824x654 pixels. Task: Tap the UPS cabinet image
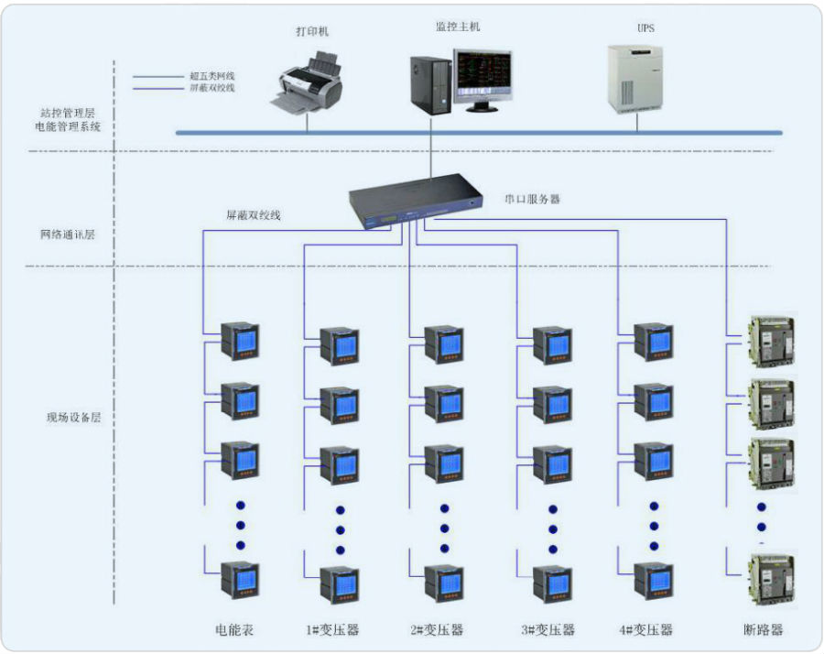point(635,80)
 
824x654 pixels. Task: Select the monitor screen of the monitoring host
point(482,75)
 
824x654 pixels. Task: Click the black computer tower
point(430,85)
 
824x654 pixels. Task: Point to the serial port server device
point(416,202)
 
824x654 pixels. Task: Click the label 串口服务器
point(532,200)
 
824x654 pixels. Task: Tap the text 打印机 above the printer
point(312,31)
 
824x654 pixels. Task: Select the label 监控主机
point(458,27)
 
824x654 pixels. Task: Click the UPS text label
point(645,27)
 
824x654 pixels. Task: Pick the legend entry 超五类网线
point(211,76)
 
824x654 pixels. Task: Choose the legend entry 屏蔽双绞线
point(211,88)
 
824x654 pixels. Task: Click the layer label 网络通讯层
point(68,234)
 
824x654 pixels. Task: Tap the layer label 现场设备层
point(73,418)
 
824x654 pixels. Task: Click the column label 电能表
point(234,629)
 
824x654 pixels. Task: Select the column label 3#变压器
point(548,629)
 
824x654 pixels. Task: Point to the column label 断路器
point(763,629)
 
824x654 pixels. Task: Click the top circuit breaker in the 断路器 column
point(772,341)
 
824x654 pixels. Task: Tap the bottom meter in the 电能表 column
point(240,581)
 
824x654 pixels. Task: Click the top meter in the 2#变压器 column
point(444,345)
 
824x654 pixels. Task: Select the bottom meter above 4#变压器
point(654,582)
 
